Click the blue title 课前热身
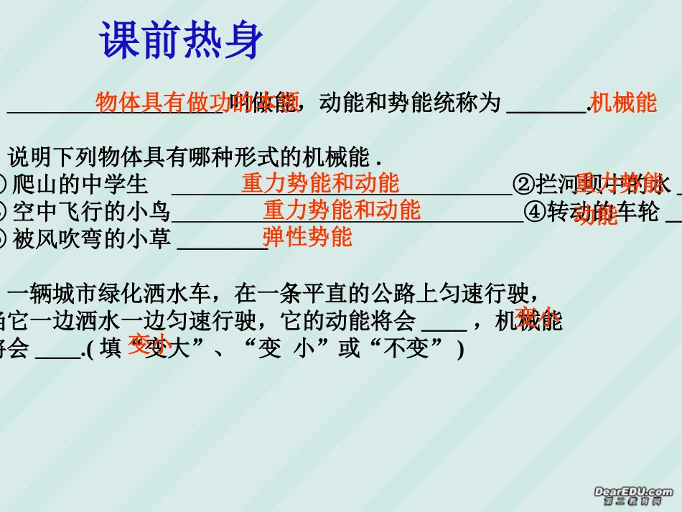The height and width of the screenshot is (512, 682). [182, 40]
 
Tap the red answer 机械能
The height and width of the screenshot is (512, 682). [623, 103]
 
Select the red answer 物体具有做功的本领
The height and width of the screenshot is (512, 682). [197, 103]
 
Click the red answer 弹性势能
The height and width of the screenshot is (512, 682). [307, 236]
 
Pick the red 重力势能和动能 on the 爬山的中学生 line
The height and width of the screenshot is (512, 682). [320, 183]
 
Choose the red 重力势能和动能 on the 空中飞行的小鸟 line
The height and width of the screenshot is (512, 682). [342, 210]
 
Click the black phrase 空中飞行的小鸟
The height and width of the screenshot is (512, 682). [91, 212]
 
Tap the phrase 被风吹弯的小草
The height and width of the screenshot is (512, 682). [91, 238]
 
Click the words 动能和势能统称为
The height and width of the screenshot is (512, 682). [409, 103]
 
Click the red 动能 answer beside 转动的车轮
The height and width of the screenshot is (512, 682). [595, 215]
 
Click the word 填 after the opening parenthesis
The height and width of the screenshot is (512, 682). [110, 349]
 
